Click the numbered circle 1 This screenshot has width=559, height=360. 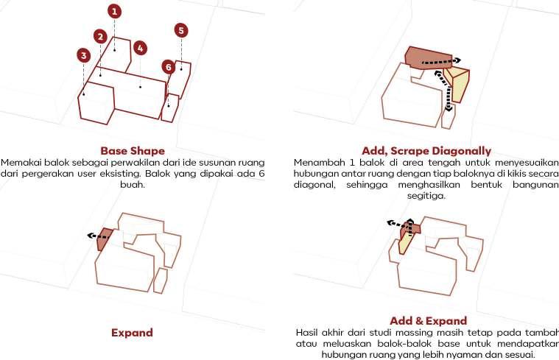click(x=114, y=11)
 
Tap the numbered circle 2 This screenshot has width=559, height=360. click(x=100, y=37)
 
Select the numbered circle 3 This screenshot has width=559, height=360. click(x=84, y=55)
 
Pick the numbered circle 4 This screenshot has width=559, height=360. click(x=140, y=48)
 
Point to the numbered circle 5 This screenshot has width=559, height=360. click(x=181, y=30)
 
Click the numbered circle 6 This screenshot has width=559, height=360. click(x=169, y=67)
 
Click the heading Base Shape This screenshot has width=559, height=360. click(x=133, y=151)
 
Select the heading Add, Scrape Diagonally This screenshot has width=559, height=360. click(x=426, y=151)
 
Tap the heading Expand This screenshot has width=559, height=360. click(x=132, y=333)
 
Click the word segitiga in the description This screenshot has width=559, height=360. click(x=426, y=197)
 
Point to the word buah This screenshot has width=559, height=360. click(x=133, y=185)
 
